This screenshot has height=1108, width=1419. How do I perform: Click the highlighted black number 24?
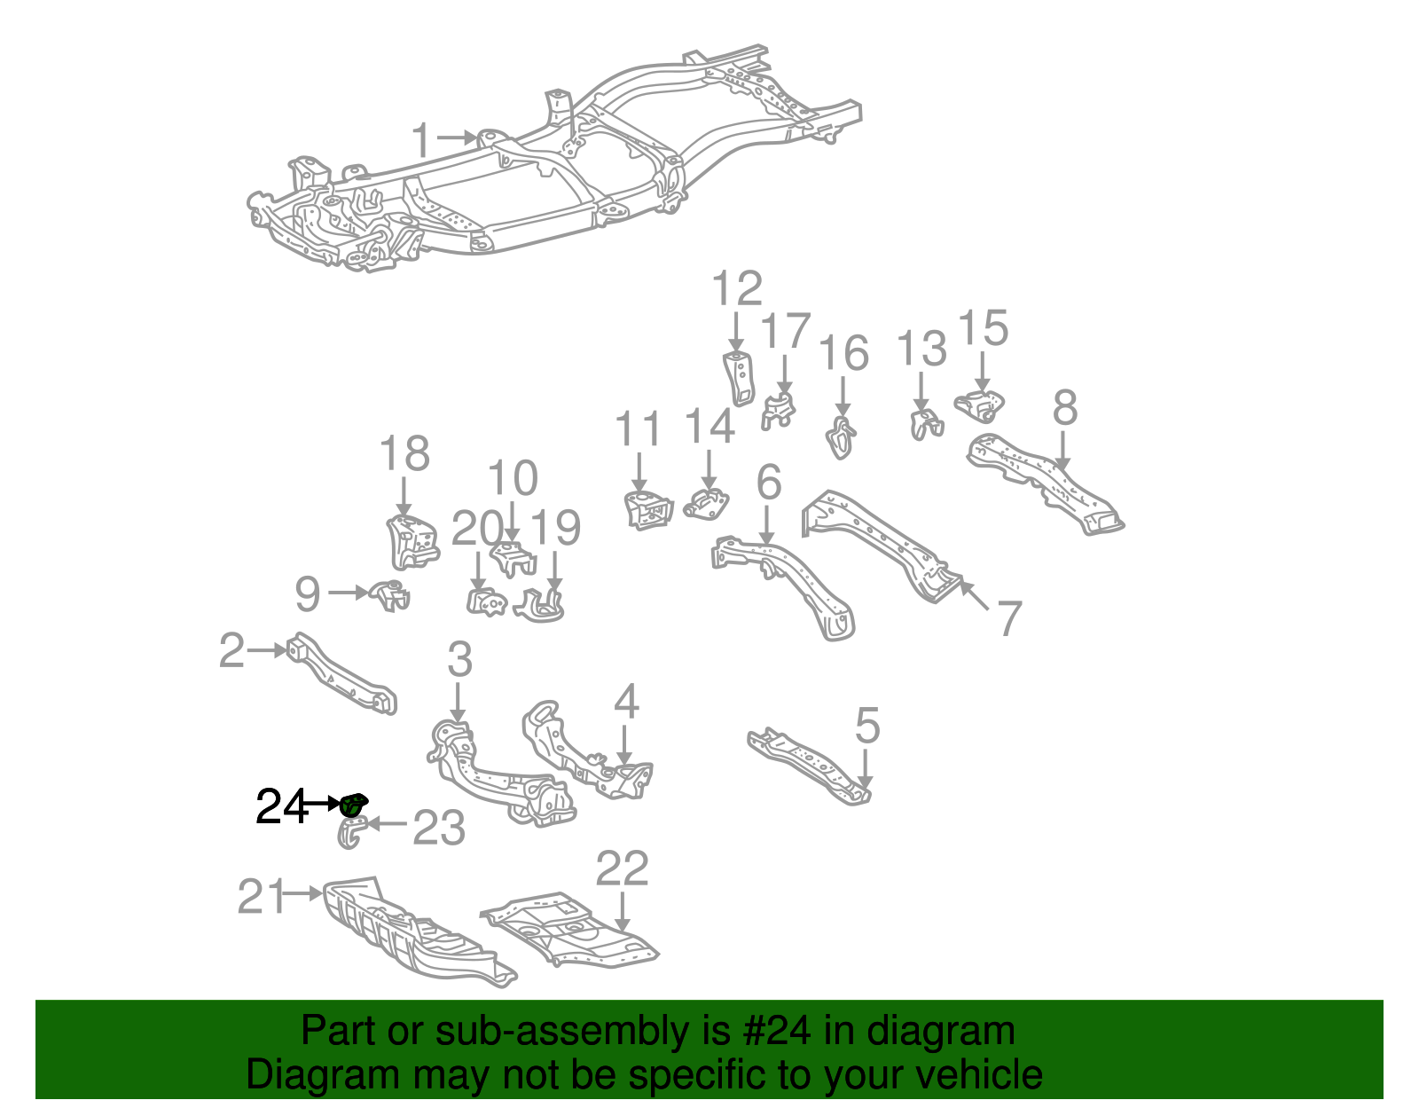(280, 806)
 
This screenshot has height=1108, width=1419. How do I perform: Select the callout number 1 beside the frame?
(422, 141)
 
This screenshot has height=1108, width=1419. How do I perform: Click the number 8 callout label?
(1065, 408)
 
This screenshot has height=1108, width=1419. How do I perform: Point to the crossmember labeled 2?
(341, 674)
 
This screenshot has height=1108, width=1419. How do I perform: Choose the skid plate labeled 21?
(408, 931)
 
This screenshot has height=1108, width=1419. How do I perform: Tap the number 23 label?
(439, 828)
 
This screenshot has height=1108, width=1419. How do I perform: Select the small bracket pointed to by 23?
(352, 833)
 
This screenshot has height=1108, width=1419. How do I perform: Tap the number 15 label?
(984, 328)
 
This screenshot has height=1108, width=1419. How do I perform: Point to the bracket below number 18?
(412, 541)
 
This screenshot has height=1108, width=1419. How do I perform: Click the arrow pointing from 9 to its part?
(348, 592)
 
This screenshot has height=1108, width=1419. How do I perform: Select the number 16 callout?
(843, 353)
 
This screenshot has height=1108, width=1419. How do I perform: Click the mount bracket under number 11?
(647, 510)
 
